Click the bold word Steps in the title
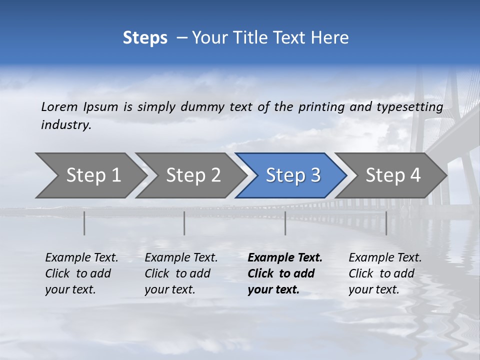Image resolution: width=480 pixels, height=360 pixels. point(145,38)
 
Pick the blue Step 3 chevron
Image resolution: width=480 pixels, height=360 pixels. point(293,175)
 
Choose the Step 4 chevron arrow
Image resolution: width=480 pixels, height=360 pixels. point(393,175)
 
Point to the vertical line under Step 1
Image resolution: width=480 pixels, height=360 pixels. point(84,223)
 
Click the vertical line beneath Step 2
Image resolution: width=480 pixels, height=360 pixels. point(184,223)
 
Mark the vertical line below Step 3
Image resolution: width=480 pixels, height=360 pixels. point(285,223)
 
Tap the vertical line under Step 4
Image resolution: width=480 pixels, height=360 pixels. point(386,223)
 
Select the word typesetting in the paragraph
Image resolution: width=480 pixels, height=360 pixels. point(409,106)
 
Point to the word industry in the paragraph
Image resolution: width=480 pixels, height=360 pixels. point(66,125)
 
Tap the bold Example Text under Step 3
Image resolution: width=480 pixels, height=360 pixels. point(285,258)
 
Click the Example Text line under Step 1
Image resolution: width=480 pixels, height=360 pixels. point(81,258)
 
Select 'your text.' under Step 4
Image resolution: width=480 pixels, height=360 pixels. point(374,289)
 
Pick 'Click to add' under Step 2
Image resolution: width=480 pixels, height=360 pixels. point(177,274)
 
